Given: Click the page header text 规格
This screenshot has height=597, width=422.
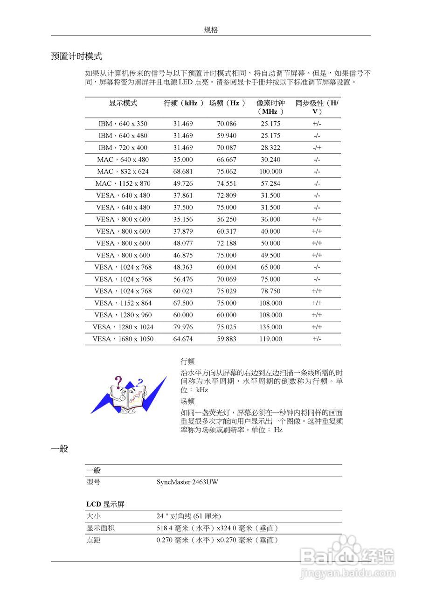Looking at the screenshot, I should tap(211, 30).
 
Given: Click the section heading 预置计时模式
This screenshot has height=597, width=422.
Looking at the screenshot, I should tap(76, 56).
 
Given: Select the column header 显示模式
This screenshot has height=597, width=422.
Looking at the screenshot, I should tap(123, 103).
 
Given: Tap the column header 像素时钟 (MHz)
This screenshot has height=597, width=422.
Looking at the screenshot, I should tap(270, 107).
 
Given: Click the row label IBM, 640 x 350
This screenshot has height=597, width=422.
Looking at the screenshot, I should tap(123, 124).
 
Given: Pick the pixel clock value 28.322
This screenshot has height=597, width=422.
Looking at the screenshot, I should tap(270, 147).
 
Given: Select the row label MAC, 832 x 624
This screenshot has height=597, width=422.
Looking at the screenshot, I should tap(123, 171).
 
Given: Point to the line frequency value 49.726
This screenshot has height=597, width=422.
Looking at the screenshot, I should tap(183, 183).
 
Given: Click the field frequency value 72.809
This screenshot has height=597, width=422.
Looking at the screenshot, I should tap(227, 195).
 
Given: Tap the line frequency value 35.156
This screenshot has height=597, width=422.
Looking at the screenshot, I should tap(183, 219).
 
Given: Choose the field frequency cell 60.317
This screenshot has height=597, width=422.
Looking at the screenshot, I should tap(227, 231).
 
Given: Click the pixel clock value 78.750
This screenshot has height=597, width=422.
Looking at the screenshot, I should tap(270, 291).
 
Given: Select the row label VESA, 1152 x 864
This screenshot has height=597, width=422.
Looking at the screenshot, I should tap(123, 303).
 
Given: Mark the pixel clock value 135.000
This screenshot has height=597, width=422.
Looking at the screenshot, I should tap(270, 327).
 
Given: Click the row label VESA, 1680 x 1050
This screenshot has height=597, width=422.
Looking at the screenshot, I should tap(123, 339).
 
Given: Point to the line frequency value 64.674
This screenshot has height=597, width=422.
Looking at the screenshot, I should tap(183, 339).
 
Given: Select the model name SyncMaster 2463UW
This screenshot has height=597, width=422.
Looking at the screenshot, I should tap(187, 482).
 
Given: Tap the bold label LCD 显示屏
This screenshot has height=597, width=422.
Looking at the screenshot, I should tap(105, 504).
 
